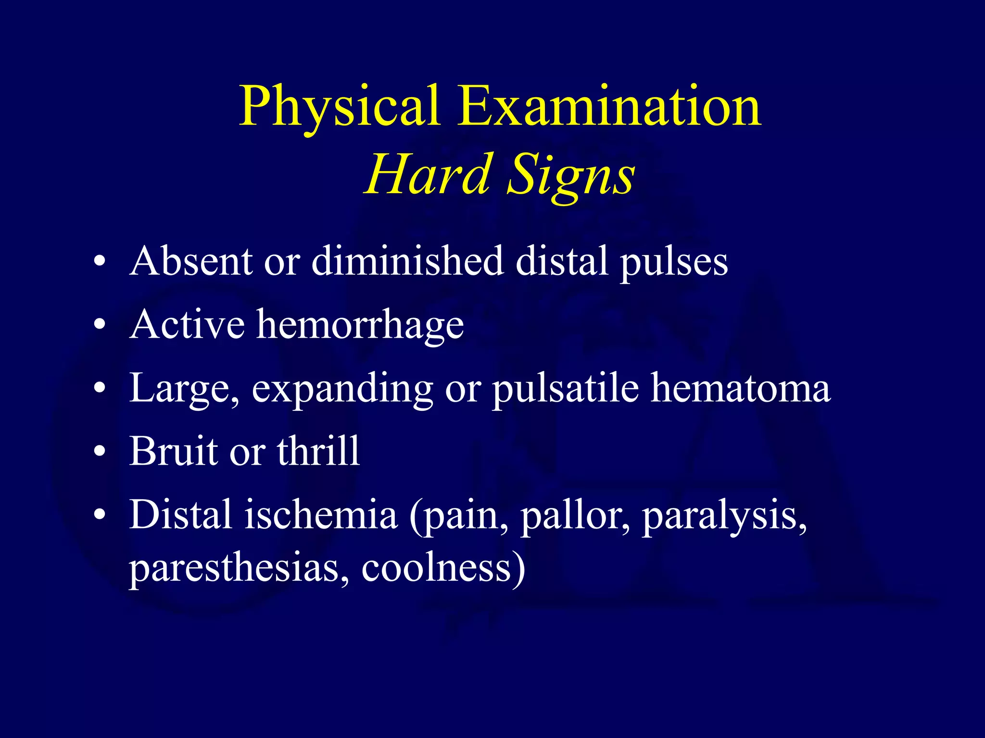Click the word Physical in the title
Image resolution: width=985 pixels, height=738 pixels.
[340, 107]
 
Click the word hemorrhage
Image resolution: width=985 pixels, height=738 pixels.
[360, 326]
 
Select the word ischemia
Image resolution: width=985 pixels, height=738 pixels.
[321, 515]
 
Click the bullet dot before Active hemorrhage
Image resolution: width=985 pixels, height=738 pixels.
[100, 325]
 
